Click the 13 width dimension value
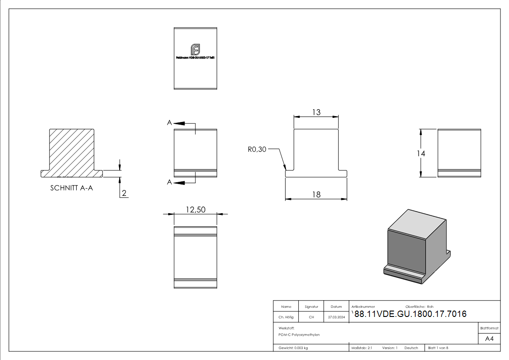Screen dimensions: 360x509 tap(316, 112)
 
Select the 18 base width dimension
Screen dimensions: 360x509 tap(316, 194)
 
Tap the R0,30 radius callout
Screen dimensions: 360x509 tap(257, 149)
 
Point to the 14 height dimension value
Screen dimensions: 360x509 tap(421, 153)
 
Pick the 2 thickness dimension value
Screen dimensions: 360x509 tap(124, 194)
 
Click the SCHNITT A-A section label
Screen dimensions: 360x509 tap(72, 188)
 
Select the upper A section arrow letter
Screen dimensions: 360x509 tap(169, 123)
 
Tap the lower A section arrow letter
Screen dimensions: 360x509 tap(169, 182)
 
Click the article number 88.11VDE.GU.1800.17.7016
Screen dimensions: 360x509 tap(410, 314)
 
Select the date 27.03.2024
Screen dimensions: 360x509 tap(336, 317)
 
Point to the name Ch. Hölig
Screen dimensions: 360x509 tap(286, 317)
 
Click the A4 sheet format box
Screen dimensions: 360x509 tap(489, 339)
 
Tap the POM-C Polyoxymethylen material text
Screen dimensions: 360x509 tap(299, 335)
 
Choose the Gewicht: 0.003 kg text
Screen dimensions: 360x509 tap(293, 348)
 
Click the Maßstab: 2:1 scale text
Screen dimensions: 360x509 tap(362, 348)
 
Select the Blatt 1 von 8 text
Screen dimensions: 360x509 tap(438, 348)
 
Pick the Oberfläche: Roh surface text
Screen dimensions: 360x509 tap(419, 307)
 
